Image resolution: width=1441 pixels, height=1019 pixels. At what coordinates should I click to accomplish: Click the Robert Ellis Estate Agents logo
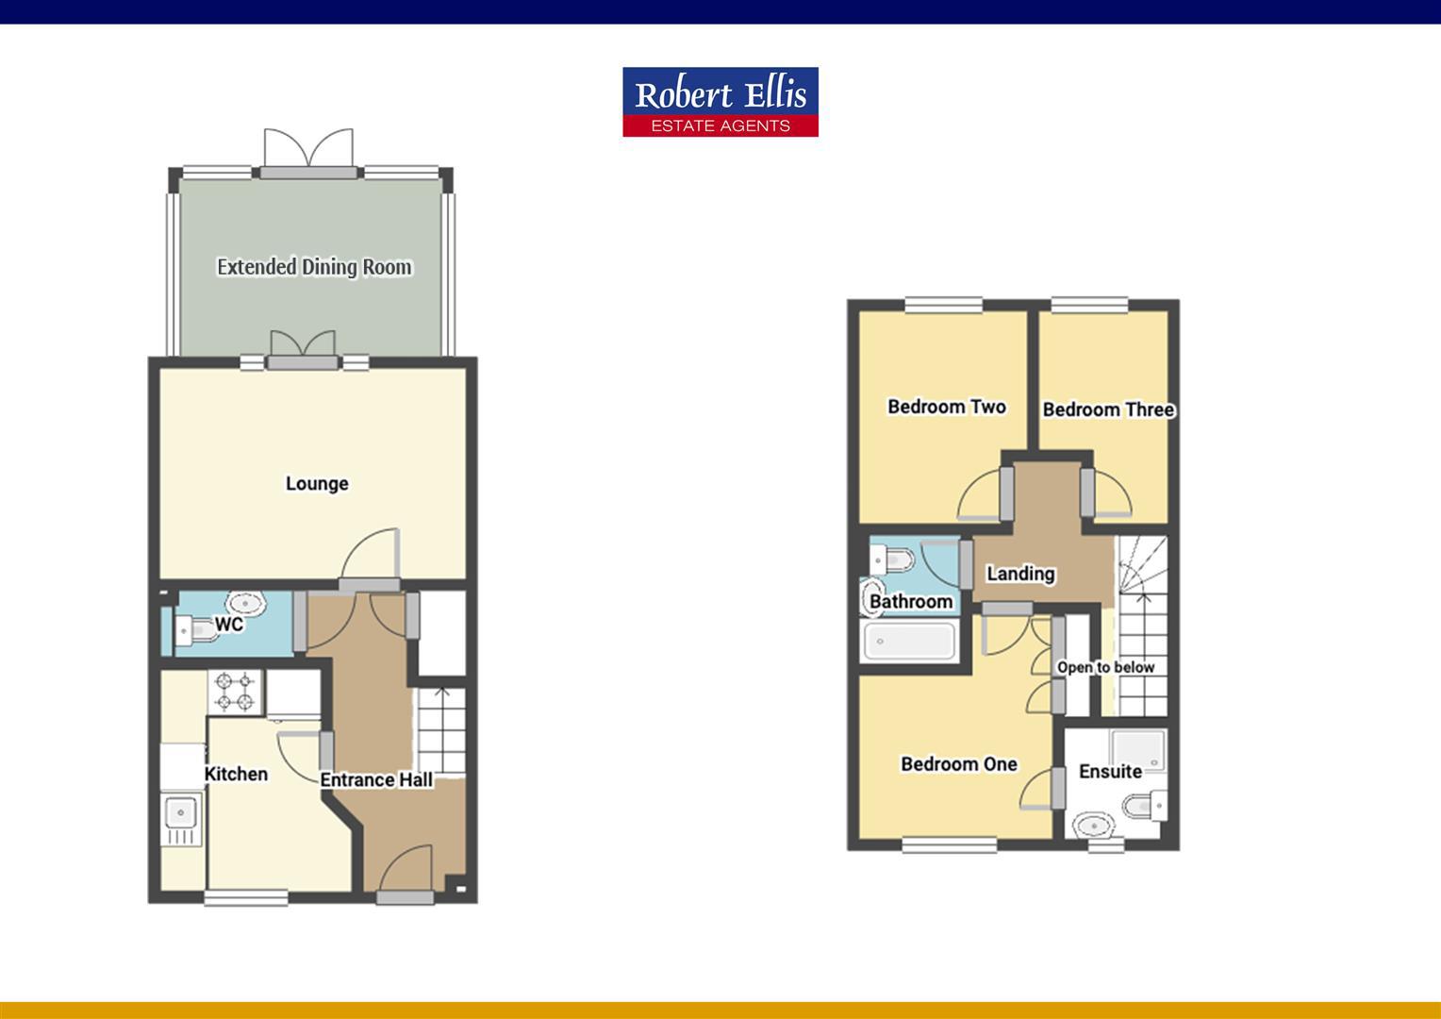coord(720,102)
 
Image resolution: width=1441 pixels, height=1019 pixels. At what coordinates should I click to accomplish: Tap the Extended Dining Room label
coord(314,267)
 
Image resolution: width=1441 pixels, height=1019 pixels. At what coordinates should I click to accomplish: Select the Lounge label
coord(317,484)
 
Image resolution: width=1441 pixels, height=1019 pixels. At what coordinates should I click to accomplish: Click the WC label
coord(229,625)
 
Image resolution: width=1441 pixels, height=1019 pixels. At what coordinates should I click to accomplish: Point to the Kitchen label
coord(236,774)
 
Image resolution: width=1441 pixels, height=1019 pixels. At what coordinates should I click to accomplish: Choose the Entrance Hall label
coord(376,779)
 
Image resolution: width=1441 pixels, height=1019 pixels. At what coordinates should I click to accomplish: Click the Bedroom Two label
coord(947,407)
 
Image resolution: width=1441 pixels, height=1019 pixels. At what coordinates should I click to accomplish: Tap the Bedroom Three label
coord(1108,409)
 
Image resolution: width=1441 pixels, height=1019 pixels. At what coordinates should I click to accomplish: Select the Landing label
coord(1020,574)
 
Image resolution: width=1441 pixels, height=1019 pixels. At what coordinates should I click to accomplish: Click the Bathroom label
coord(911,601)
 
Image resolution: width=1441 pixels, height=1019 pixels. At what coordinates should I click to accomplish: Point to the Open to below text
coord(1105,667)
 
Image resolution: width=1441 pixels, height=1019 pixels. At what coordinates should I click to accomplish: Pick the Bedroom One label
coord(959,764)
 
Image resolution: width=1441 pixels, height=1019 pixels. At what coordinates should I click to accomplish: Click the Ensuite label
coord(1110,772)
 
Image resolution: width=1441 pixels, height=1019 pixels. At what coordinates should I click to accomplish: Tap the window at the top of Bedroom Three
coord(1089,305)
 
